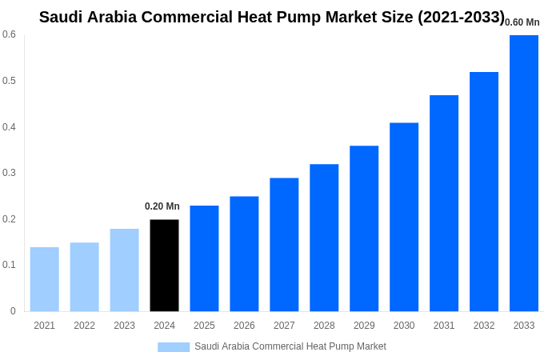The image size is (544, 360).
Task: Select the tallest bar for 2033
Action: [524, 173]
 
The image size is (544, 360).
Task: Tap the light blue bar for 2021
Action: [45, 279]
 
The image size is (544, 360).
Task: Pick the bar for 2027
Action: [284, 244]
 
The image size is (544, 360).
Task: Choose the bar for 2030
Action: [404, 217]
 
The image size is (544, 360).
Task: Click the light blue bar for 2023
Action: [124, 270]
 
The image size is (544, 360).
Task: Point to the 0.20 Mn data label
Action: [162, 206]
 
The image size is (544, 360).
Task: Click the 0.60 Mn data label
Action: [522, 22]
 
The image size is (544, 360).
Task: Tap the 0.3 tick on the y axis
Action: [9, 173]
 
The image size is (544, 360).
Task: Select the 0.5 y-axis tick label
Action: [9, 81]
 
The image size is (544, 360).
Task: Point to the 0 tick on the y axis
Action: [13, 311]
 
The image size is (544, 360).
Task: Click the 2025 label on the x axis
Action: [204, 326]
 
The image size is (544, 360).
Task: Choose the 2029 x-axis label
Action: [364, 326]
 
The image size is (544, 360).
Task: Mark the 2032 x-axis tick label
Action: [484, 326]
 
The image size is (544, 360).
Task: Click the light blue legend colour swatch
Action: [174, 347]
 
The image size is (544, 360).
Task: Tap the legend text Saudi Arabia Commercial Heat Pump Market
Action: [290, 346]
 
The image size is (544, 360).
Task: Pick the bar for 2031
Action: [444, 203]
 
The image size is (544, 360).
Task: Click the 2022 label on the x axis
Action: [84, 326]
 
